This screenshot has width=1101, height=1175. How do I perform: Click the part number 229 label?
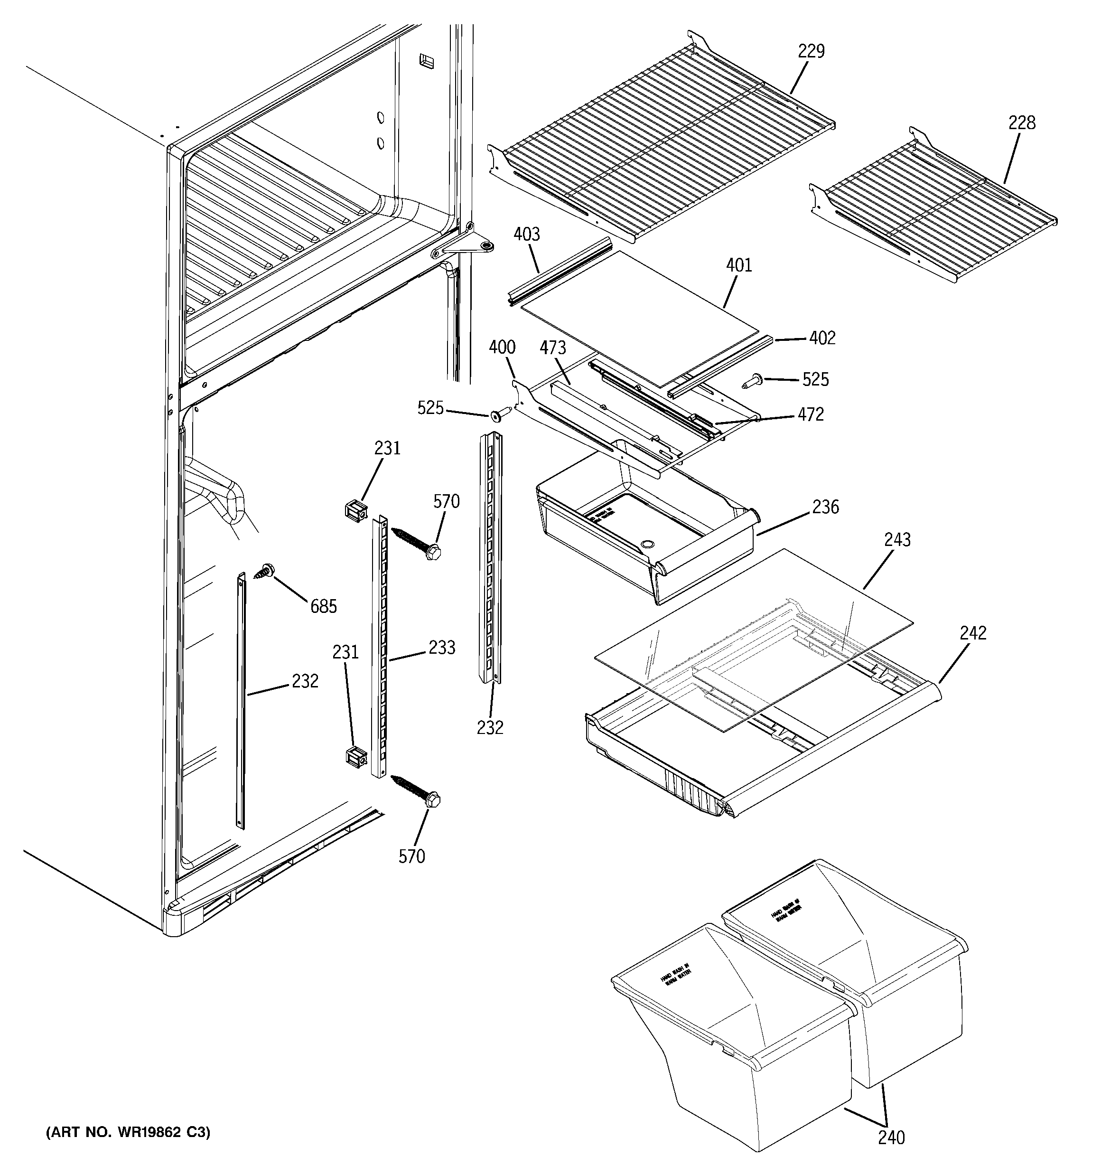tap(811, 51)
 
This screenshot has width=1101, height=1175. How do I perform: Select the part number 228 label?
tap(1022, 123)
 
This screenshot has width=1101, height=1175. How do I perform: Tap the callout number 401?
tap(739, 265)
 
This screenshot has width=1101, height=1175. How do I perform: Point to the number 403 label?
tap(527, 235)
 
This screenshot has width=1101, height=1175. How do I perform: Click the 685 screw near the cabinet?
tap(266, 570)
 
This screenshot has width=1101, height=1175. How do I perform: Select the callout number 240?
tap(891, 1137)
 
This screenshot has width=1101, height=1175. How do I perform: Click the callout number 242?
tap(973, 633)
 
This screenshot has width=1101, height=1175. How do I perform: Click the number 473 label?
tap(552, 348)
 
